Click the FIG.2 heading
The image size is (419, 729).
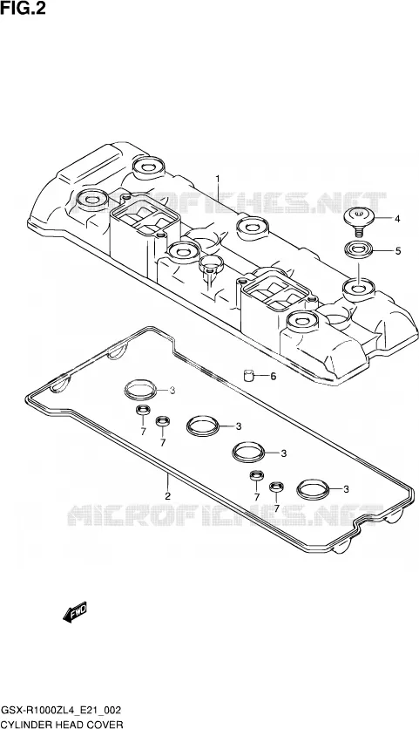(x=24, y=9)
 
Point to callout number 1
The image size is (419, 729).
(x=217, y=179)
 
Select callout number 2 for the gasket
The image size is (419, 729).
(x=168, y=495)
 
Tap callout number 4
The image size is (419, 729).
(x=397, y=219)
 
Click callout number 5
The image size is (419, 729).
(x=397, y=251)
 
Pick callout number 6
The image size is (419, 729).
(x=274, y=376)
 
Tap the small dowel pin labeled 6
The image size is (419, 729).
(x=250, y=375)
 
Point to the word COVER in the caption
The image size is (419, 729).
(x=107, y=724)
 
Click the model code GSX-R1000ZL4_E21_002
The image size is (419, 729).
(x=62, y=711)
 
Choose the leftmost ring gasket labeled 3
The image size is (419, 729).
(x=140, y=390)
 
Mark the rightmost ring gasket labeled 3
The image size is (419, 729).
(x=313, y=488)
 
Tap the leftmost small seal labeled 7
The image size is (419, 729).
(x=143, y=411)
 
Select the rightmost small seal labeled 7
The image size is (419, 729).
(x=276, y=487)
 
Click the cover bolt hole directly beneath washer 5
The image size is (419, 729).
(x=359, y=289)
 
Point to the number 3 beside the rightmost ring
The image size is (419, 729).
(x=346, y=488)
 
